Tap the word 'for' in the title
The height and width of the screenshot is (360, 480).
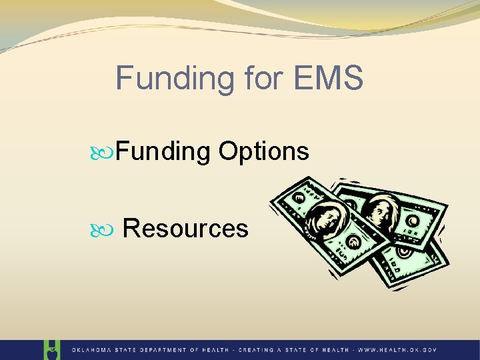click(259, 78)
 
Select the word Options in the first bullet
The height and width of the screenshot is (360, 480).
click(263, 151)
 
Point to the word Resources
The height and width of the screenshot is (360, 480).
click(186, 229)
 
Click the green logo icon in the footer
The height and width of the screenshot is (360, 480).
click(51, 349)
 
